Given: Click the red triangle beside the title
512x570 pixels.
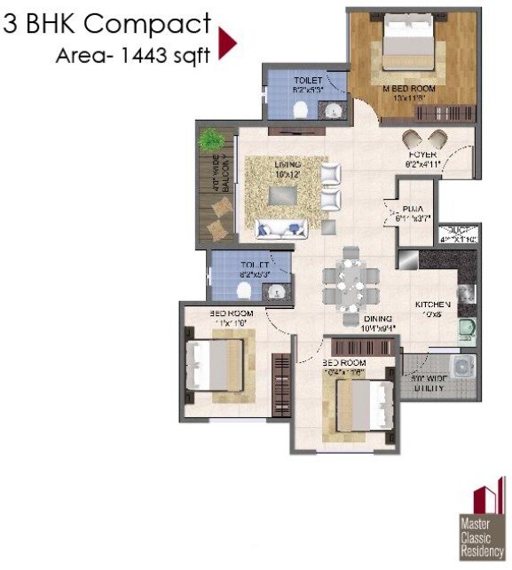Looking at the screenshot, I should (x=227, y=43).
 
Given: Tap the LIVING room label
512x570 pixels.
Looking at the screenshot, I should (x=287, y=165).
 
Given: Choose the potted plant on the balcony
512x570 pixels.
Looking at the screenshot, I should (x=210, y=140).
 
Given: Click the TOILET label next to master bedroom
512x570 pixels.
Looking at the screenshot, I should (x=308, y=81).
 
